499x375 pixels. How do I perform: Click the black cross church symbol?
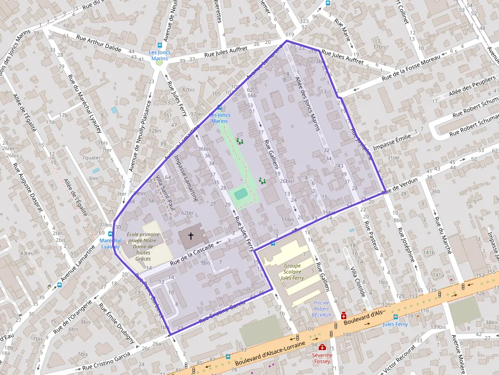click(191, 236)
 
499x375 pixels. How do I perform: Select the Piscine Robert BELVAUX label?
click(321, 308)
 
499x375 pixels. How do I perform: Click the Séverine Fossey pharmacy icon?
click(322, 347)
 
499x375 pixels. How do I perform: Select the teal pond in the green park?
click(241, 194)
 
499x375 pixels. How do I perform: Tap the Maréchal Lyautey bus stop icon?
click(110, 234)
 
